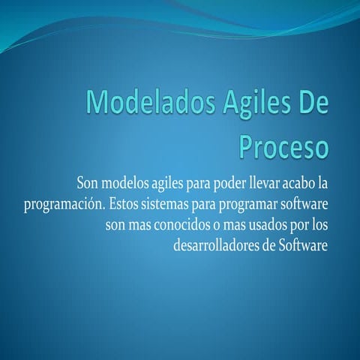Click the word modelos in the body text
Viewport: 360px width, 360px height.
[125, 184]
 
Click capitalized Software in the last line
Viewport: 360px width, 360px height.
[304, 244]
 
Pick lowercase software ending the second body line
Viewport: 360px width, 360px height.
[306, 204]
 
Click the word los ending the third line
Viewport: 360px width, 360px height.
[318, 224]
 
